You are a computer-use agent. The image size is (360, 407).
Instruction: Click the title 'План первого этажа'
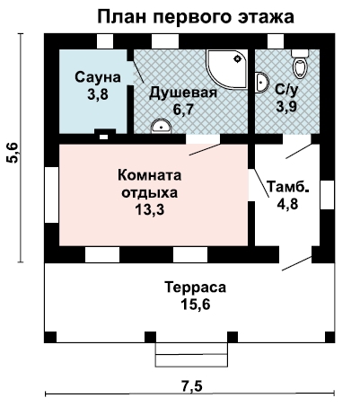[196, 17]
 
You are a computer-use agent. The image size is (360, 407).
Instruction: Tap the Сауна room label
[98, 77]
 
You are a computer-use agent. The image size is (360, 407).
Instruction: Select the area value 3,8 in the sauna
[98, 94]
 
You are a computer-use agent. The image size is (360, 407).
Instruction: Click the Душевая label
[183, 93]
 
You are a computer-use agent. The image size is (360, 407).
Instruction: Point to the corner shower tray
[227, 69]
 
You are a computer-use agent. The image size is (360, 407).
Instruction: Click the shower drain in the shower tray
[238, 58]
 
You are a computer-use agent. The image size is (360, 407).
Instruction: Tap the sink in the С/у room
[261, 82]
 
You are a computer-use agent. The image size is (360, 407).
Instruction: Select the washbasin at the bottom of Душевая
[162, 126]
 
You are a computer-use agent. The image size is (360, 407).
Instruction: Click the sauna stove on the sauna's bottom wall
[105, 135]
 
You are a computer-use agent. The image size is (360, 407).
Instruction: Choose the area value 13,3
[150, 210]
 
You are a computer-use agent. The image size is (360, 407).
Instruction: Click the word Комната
[150, 175]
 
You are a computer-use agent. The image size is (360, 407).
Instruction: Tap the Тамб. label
[287, 187]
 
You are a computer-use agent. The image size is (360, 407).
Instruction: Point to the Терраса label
[196, 288]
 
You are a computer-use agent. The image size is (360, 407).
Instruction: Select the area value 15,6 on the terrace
[196, 305]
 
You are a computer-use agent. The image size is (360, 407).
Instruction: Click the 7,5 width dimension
[191, 386]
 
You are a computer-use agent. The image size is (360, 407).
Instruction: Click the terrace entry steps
[191, 355]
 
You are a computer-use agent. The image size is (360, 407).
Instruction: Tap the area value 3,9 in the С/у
[286, 107]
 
